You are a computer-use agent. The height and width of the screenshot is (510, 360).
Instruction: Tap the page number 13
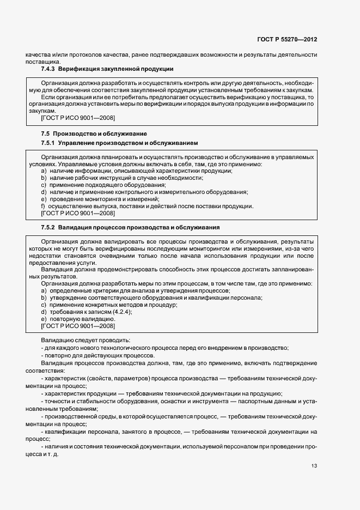pyautogui.click(x=314, y=465)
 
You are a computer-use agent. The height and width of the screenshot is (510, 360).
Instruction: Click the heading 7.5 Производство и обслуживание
pyautogui.click(x=94, y=133)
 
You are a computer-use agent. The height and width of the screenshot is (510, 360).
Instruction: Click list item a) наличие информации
pyautogui.click(x=136, y=171)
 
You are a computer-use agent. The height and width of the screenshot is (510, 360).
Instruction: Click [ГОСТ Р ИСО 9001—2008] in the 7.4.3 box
pyautogui.click(x=78, y=118)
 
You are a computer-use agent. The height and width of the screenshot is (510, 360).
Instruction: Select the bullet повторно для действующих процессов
pyautogui.click(x=96, y=355)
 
